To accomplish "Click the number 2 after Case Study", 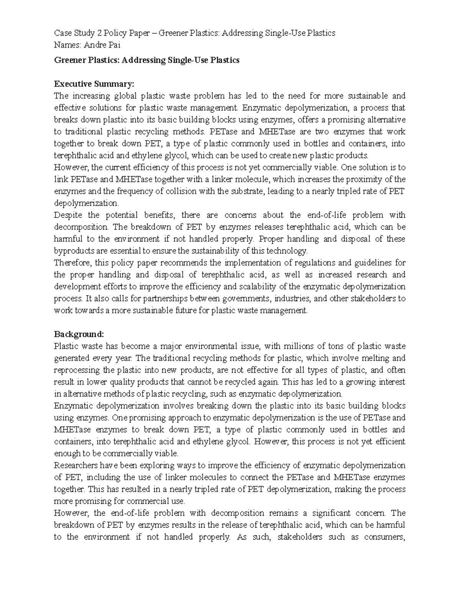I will tap(99, 33).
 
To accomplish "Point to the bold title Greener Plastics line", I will tap(147, 60).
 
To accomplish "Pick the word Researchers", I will tap(76, 466).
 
